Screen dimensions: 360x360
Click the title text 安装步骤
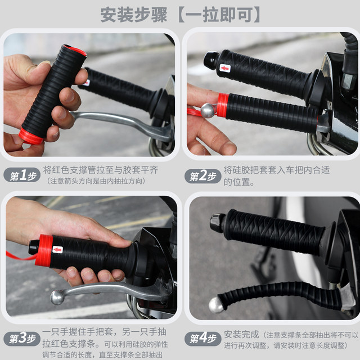134,15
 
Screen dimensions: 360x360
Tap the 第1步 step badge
22,175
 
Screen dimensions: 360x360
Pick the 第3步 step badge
22,339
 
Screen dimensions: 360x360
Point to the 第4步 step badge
202,339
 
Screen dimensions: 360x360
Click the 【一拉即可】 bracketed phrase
219,15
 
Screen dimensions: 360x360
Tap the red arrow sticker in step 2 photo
225,68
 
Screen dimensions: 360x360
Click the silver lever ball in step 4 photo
216,305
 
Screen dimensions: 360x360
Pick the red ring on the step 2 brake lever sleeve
223,106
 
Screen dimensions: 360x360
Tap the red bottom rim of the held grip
30,137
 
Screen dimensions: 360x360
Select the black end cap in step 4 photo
218,223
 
